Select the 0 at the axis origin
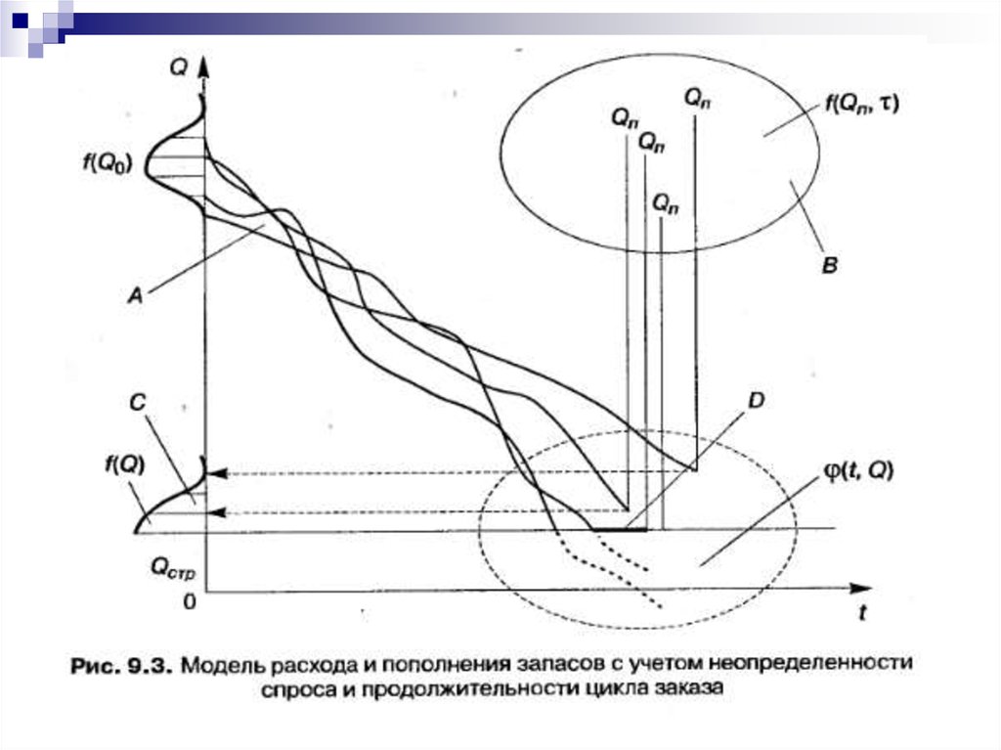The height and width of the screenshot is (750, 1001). pos(190,601)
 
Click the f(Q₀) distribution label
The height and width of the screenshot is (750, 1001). pos(108,160)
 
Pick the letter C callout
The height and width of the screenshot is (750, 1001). pos(137,401)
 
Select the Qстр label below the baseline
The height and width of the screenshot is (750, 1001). pos(173,566)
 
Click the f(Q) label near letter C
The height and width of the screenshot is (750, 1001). pos(127,465)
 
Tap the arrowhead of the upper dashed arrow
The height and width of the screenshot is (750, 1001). pos(218,473)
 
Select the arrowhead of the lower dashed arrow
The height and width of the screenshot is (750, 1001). pos(218,511)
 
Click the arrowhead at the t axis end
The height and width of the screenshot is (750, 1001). pos(861,589)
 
